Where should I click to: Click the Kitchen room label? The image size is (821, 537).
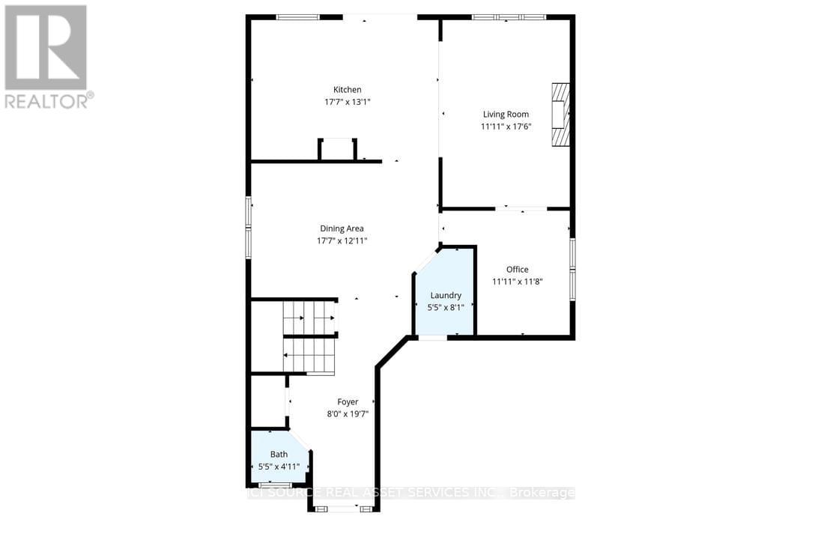347,90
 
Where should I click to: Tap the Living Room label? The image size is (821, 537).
506,115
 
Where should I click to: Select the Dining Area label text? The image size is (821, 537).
342,228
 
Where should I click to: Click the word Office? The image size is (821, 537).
517,270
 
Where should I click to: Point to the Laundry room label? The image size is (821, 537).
446,295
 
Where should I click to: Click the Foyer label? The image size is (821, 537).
348,401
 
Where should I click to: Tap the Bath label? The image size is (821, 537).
279,454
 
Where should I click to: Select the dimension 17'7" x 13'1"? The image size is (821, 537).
347,103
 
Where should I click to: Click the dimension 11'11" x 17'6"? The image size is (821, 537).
506,127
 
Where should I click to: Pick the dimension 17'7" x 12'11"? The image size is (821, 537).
342,241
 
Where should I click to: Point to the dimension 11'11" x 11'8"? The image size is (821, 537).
517,282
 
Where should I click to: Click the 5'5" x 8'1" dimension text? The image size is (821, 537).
446,307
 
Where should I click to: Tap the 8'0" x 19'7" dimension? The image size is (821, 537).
348,413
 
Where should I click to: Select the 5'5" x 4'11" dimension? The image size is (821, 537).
279,467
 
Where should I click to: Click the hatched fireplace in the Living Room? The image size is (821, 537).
560,117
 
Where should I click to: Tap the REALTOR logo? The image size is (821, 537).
46,57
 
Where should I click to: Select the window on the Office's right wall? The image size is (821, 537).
573,268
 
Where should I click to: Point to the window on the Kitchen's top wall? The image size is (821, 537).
298,16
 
